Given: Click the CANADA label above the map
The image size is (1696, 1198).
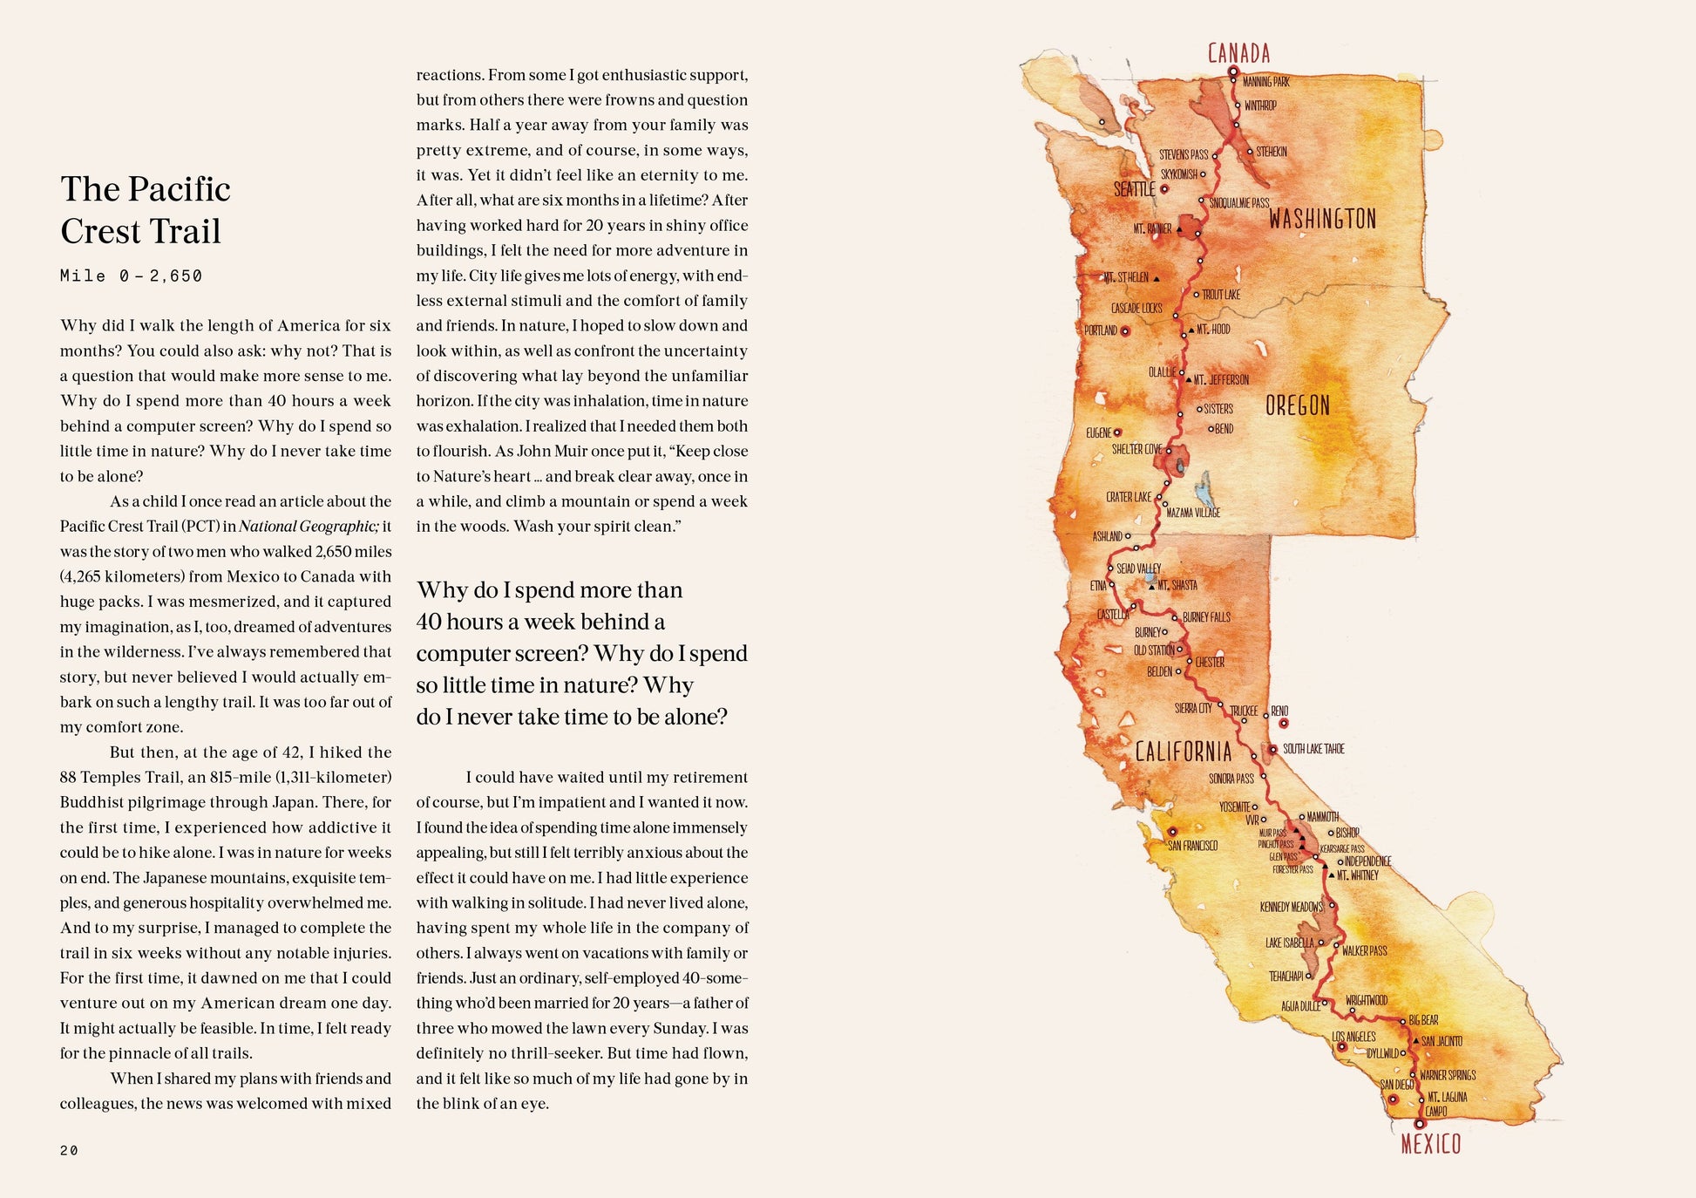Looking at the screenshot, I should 1238,53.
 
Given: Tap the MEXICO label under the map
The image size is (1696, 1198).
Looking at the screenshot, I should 1430,1144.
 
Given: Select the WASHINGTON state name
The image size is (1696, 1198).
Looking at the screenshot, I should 1322,218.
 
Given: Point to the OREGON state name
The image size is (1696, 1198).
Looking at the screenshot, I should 1298,405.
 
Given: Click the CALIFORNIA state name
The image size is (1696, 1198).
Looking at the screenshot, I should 1184,752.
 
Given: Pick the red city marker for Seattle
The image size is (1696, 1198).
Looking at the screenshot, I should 1163,188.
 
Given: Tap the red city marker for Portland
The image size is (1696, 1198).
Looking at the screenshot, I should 1125,331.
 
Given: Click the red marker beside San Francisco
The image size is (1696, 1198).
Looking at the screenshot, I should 1172,832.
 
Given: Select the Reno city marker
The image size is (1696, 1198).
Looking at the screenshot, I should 1283,723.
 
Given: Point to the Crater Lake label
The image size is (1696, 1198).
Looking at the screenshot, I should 1129,497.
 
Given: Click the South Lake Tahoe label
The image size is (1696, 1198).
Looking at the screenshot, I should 1313,749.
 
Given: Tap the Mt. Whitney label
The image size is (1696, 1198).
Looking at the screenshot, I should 1358,875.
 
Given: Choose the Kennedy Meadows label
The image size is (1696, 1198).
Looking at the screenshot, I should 1292,907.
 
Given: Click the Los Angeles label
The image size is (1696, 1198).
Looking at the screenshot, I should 1353,1037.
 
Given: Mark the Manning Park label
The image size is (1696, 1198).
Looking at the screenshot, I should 1265,82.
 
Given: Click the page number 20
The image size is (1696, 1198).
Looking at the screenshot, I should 69,1150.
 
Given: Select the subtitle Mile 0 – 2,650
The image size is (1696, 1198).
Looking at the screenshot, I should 131,276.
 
